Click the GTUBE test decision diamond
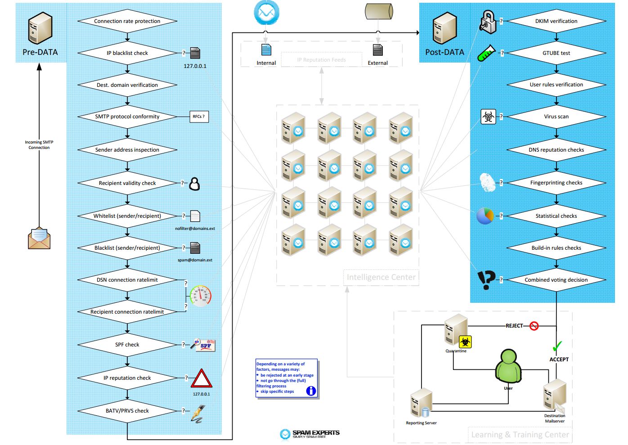[x=556, y=53]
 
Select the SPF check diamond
[x=127, y=345]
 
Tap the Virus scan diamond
[x=556, y=117]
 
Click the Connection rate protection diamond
[x=127, y=21]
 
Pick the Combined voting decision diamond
[x=556, y=280]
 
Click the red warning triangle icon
[x=201, y=378]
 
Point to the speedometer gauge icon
[x=200, y=295]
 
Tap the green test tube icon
[x=486, y=53]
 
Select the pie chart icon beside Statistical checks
[x=485, y=216]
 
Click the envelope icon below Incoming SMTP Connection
[x=39, y=238]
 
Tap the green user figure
[x=508, y=367]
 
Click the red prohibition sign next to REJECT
[x=534, y=326]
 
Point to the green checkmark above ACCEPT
[x=557, y=346]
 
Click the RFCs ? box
[x=199, y=117]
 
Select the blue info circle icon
[x=311, y=391]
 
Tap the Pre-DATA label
[x=40, y=52]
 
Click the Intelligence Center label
[x=381, y=277]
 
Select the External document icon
[x=378, y=50]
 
